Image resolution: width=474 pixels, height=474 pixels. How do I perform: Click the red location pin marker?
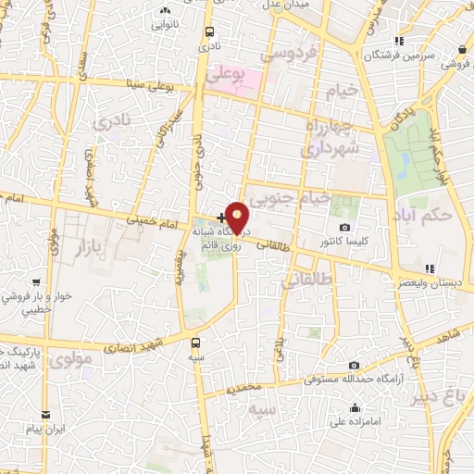coord(237,218)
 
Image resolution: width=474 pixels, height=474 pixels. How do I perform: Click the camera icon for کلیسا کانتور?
coord(345,227)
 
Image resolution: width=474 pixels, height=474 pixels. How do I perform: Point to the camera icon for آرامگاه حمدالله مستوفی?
coord(355,366)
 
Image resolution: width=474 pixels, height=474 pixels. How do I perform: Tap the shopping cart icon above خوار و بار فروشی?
coord(35,282)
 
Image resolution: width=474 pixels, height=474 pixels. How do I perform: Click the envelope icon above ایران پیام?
coord(43,414)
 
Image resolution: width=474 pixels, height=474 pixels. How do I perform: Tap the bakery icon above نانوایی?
coord(167,10)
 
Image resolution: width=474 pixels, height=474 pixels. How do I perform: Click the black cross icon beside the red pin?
coord(218,217)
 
